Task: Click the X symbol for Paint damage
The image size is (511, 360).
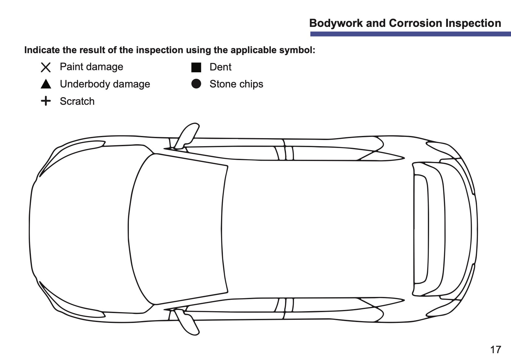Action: click(x=46, y=67)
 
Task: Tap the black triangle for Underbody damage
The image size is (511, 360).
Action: click(x=46, y=84)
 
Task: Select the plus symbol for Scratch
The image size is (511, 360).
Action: click(x=46, y=101)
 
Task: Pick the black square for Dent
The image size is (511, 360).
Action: click(x=196, y=67)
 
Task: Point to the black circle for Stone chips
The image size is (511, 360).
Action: click(x=196, y=84)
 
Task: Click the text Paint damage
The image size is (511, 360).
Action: click(x=92, y=67)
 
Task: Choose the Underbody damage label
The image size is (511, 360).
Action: click(x=105, y=84)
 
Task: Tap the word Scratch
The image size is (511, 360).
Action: click(x=77, y=101)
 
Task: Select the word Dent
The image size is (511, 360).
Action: click(x=220, y=67)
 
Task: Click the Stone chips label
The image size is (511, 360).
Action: click(x=236, y=84)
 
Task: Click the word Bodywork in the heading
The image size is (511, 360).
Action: click(x=336, y=23)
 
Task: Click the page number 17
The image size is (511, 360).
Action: click(x=496, y=349)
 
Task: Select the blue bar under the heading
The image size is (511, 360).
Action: click(x=411, y=34)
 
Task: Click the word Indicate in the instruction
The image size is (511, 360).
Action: click(x=42, y=50)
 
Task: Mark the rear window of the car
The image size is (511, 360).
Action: click(x=429, y=229)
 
